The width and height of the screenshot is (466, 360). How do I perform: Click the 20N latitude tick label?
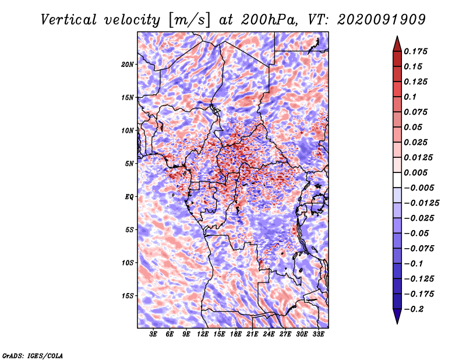click(x=128, y=65)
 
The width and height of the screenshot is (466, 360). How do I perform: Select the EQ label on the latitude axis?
click(x=129, y=197)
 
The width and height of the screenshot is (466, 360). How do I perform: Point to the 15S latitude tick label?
click(x=128, y=296)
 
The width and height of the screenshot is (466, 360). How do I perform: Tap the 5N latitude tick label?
click(x=129, y=164)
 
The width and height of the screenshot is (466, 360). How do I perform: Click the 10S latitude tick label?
click(x=128, y=263)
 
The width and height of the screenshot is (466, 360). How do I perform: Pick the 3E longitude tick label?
click(x=153, y=334)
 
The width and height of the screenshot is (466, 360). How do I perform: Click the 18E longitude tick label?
click(x=236, y=334)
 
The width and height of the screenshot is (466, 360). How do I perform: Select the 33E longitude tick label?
click(x=318, y=334)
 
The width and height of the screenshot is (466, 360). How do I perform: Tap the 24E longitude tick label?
click(x=269, y=334)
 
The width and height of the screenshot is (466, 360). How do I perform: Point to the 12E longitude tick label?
click(x=203, y=334)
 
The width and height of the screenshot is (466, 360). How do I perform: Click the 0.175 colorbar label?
click(x=415, y=51)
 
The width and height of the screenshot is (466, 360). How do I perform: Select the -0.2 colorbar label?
click(x=414, y=309)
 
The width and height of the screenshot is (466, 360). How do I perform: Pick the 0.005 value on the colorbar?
click(x=415, y=172)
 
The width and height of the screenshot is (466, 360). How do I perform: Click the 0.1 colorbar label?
click(x=410, y=97)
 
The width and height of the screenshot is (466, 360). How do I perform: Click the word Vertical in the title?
click(x=69, y=20)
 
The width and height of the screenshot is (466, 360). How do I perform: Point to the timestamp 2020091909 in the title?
click(x=382, y=20)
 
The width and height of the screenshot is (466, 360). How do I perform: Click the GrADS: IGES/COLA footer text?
click(x=33, y=356)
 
